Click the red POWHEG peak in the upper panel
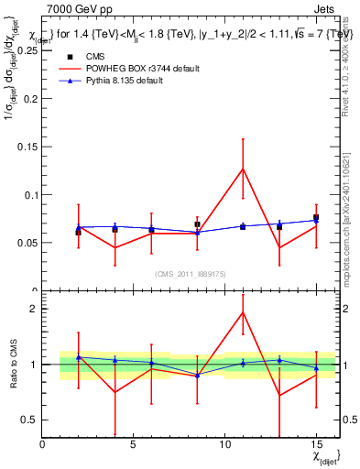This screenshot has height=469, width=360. pyautogui.click(x=243, y=168)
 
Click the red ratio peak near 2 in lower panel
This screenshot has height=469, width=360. pyautogui.click(x=243, y=312)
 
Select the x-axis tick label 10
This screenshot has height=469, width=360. pyautogui.click(x=225, y=444)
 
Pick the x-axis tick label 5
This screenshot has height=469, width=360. pyautogui.click(x=134, y=444)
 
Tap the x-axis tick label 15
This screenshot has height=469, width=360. pyautogui.click(x=316, y=444)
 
